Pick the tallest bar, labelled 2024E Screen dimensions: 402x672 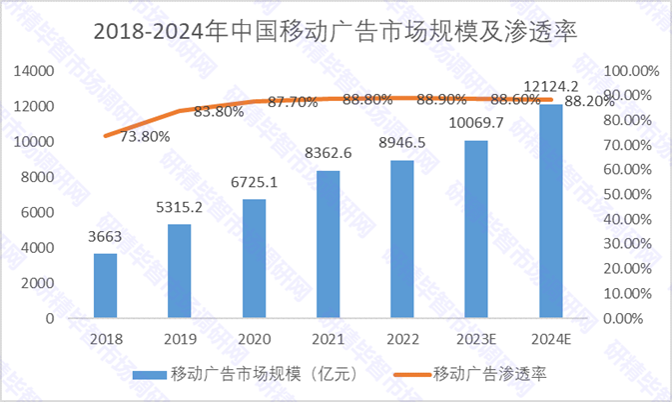550,211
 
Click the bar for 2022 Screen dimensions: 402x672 402,239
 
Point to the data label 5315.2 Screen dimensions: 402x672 180,207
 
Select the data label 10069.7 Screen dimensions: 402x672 476,123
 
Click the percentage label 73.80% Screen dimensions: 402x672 144,136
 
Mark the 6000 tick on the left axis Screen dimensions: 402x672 38,212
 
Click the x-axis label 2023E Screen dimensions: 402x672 476,338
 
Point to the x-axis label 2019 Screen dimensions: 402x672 180,338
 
